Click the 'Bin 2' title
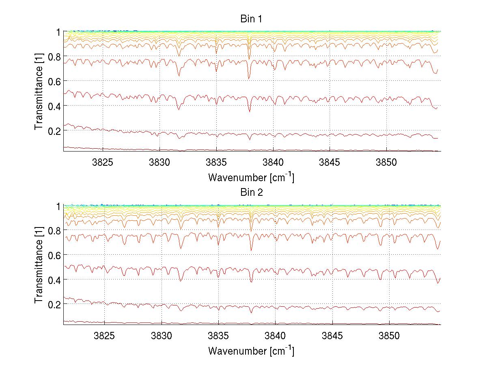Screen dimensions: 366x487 click(252, 193)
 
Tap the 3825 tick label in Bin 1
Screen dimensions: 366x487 click(103, 162)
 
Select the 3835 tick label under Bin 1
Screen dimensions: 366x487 click(217, 162)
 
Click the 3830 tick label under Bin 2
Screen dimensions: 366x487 click(162, 336)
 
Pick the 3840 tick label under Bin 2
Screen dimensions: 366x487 click(276, 336)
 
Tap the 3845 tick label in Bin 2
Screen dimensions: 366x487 click(332, 336)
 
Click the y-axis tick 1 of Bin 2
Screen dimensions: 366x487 click(58, 206)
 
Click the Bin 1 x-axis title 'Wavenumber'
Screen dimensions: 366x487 click(251, 178)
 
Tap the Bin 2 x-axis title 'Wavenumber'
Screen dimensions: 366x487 click(251, 351)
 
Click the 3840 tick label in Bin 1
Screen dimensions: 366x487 click(274, 162)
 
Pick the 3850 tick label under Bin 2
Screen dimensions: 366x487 click(389, 336)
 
